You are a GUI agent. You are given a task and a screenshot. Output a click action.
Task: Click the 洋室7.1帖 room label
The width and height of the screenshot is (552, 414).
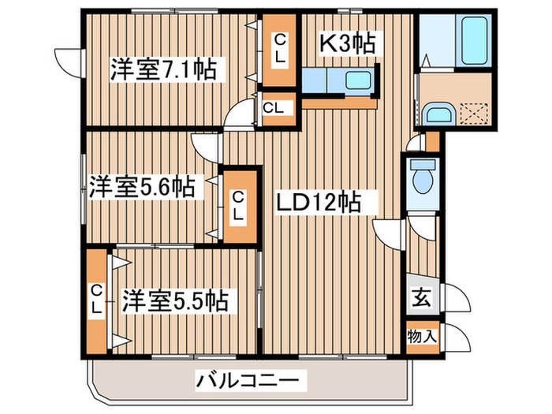coord(163,69)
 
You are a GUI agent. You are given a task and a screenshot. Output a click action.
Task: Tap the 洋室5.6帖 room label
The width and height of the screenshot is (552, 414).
coord(142,188)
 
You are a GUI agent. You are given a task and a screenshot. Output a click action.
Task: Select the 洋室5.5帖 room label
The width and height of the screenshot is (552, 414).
coord(175,301)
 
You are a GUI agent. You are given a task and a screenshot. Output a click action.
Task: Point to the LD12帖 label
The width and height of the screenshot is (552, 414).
coord(319,202)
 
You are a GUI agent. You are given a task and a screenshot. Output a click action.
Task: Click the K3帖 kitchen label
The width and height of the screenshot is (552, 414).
coord(347,43)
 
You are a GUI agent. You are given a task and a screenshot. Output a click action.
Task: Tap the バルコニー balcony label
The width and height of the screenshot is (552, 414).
coord(248,380)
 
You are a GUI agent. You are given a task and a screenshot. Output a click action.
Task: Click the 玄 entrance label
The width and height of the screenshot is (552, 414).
coord(421,299)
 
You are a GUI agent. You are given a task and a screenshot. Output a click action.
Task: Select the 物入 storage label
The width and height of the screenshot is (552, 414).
coord(422,337)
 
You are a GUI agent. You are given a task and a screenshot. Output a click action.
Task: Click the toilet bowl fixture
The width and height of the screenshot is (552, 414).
coord(423,177)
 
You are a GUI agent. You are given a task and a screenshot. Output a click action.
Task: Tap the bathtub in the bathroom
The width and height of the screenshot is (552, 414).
coord(474,39)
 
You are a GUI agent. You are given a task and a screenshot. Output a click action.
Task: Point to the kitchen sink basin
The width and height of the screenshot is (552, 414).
coord(358,80)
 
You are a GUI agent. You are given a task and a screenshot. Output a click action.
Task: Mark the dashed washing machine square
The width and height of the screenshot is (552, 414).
coord(473,113)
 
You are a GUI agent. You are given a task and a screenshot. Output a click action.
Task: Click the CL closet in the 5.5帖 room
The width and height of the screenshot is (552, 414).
coord(96,301)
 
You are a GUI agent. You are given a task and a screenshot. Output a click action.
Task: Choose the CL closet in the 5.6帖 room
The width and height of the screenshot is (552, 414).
coord(239,207)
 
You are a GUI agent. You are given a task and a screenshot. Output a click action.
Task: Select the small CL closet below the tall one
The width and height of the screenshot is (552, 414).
coord(279,109)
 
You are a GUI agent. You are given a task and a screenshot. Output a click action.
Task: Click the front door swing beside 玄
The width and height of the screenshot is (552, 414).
coord(455,297)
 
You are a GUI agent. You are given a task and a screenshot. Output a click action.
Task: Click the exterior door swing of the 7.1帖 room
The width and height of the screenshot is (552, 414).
coord(69,63)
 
